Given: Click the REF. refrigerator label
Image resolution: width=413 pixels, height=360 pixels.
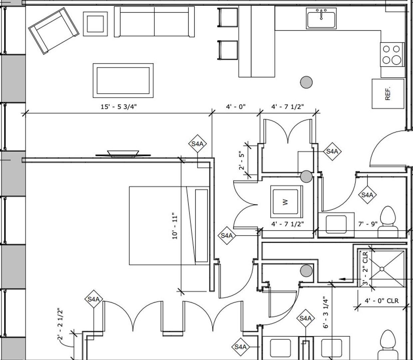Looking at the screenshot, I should [x=388, y=94].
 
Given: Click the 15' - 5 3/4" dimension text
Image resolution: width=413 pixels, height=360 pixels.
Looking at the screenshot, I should [x=119, y=107].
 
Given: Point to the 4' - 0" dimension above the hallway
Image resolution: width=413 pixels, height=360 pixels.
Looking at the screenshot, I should [x=236, y=107].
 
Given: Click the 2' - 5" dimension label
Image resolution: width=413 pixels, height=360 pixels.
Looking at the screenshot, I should [x=242, y=161].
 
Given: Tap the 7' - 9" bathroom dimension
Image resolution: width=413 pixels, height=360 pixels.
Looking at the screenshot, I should [x=368, y=224].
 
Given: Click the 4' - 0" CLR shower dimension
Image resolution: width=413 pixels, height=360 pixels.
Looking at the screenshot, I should [x=381, y=301].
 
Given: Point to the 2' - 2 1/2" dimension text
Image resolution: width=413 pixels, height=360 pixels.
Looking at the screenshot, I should [x=60, y=324].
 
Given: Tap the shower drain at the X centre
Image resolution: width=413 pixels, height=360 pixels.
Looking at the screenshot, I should [x=382, y=268].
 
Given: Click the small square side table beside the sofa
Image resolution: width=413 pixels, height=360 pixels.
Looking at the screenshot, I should [x=95, y=23].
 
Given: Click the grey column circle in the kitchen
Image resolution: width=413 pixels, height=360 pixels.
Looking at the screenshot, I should [x=306, y=82].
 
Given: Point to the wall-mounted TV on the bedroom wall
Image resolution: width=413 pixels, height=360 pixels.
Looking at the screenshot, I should [x=123, y=154].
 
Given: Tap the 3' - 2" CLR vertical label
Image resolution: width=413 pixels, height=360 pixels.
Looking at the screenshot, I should [x=365, y=269].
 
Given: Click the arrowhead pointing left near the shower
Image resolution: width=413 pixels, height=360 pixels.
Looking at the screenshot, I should [x=341, y=279].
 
